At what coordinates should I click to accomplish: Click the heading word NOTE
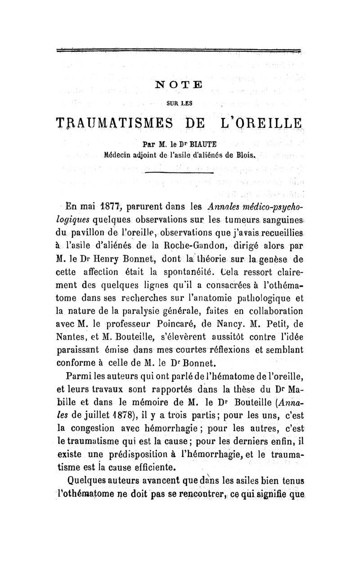[x=180, y=84]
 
